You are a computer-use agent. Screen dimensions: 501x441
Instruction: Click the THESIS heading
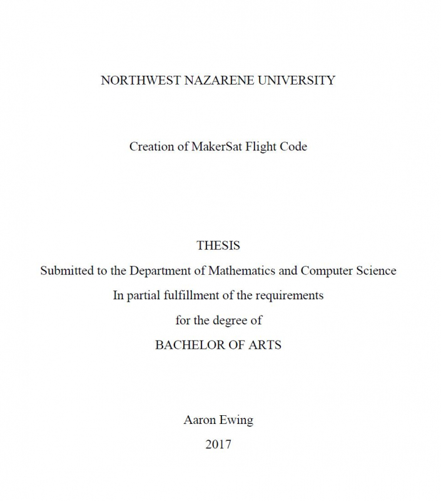point(218,245)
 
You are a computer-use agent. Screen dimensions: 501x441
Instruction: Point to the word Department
point(160,271)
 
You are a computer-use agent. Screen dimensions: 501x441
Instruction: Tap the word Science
point(377,271)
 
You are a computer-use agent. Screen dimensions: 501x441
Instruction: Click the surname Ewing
point(235,420)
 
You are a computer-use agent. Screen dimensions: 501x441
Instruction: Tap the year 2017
point(218,445)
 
